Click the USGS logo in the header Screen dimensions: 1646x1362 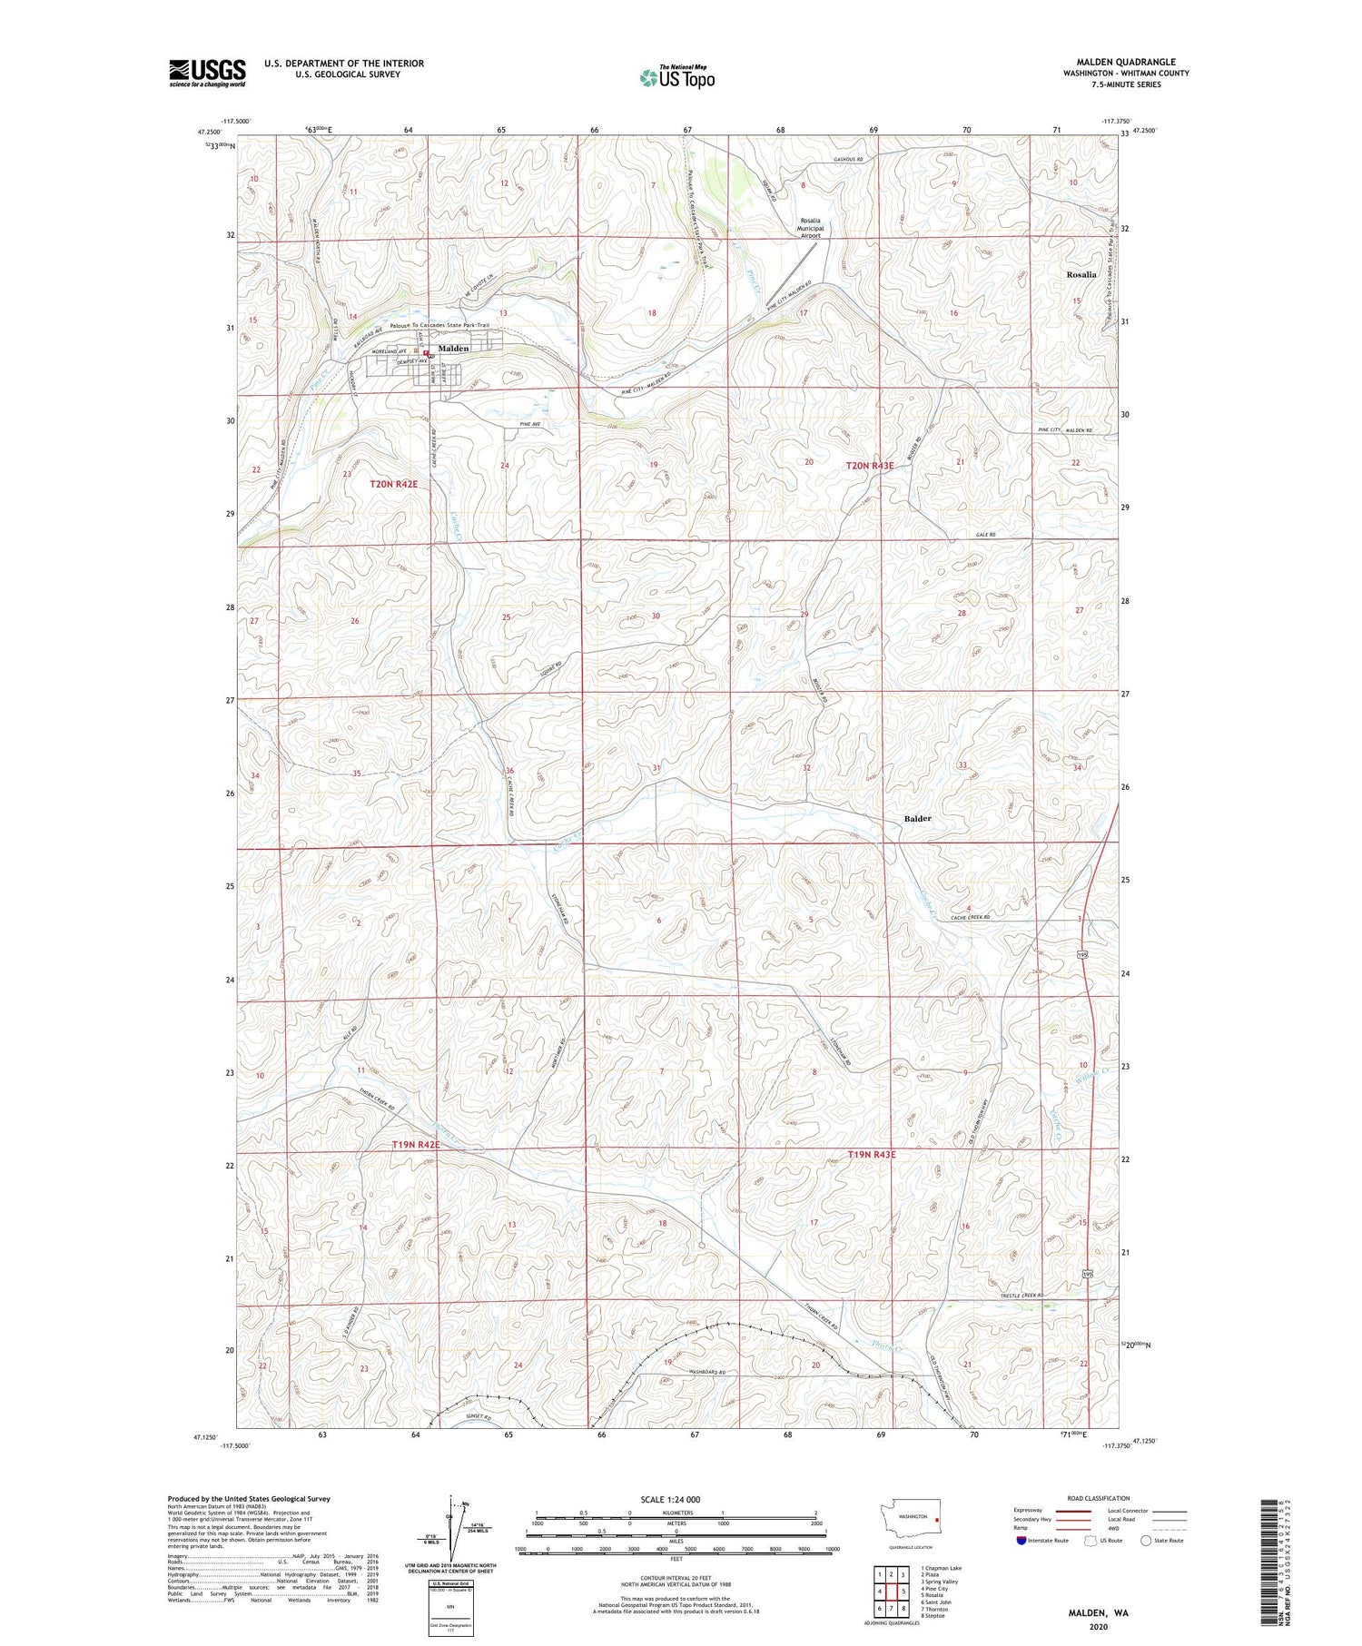point(207,73)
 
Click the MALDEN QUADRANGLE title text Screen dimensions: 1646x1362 point(1129,62)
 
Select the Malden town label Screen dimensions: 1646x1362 point(453,349)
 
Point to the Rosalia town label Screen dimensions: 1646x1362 point(1081,274)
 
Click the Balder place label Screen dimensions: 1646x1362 point(917,819)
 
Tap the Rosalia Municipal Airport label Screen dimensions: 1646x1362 point(809,228)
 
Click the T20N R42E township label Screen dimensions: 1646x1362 point(393,485)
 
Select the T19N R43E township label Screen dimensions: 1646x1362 point(871,1155)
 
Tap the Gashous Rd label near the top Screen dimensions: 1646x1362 point(848,160)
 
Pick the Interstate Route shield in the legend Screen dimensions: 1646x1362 point(1021,1540)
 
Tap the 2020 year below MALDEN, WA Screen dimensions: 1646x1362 point(1098,1626)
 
